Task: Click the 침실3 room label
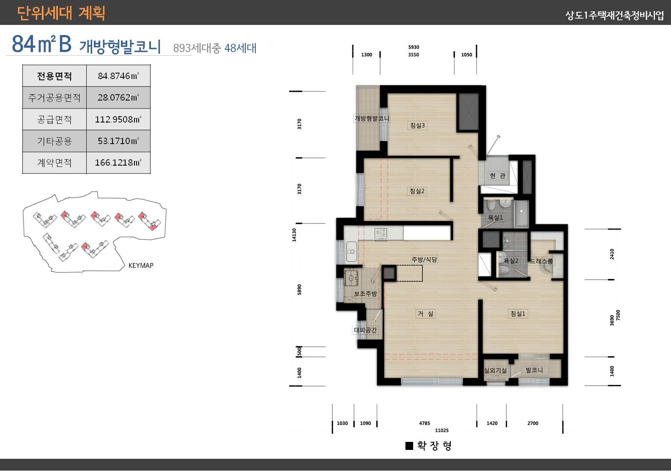pyautogui.click(x=417, y=125)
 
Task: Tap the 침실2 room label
pyautogui.click(x=417, y=191)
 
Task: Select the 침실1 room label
pyautogui.click(x=518, y=314)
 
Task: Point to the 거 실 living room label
pyautogui.click(x=425, y=314)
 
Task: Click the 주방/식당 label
pyautogui.click(x=424, y=260)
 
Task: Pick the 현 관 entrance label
pyautogui.click(x=497, y=176)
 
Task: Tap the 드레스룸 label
pyautogui.click(x=541, y=261)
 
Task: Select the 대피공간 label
pyautogui.click(x=365, y=330)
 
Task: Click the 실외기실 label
pyautogui.click(x=495, y=370)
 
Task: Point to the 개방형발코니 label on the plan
pyautogui.click(x=372, y=119)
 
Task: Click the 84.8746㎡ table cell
pyautogui.click(x=118, y=76)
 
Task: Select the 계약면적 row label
pyautogui.click(x=54, y=163)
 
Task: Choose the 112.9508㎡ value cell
pyautogui.click(x=118, y=120)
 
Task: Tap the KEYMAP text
pyautogui.click(x=141, y=266)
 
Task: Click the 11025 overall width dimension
pyautogui.click(x=441, y=430)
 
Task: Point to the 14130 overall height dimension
pyautogui.click(x=294, y=235)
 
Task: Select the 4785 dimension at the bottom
pyautogui.click(x=425, y=423)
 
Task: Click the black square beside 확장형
pyautogui.click(x=409, y=446)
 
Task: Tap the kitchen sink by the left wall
pyautogui.click(x=351, y=251)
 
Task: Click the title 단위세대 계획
pyautogui.click(x=61, y=13)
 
